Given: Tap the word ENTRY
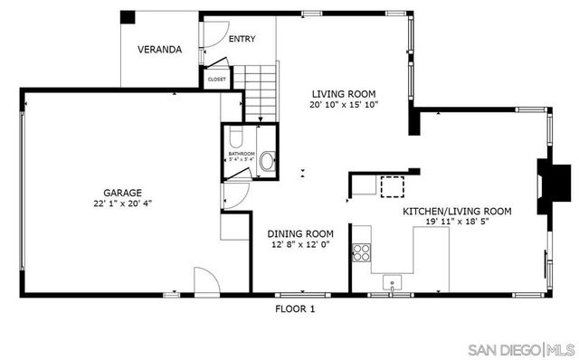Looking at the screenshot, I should (241, 39).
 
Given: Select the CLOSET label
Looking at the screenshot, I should (217, 80).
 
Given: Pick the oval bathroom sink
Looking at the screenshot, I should (267, 163).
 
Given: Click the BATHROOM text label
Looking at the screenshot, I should (242, 155).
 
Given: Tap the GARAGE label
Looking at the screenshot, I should (121, 193).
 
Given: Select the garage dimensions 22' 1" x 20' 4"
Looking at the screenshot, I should (121, 204).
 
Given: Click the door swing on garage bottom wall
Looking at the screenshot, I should (206, 281).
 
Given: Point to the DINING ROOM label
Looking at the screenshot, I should (299, 233).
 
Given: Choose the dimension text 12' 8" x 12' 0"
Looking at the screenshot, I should (299, 244).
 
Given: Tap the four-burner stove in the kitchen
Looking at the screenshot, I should (361, 252).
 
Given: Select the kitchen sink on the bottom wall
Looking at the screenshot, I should (392, 279).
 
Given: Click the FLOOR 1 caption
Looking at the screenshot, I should (295, 308).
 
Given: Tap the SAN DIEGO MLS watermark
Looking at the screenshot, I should (519, 349).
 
